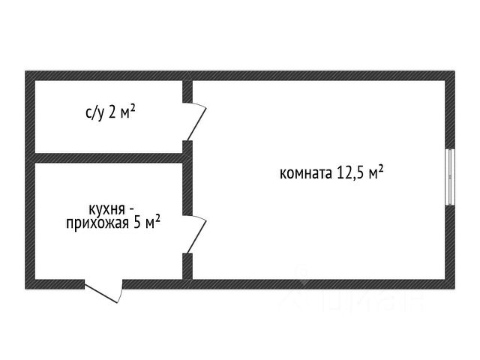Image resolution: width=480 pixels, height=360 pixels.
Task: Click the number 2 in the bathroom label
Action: (112, 114)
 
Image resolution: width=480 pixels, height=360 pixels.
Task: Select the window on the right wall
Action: (449, 175)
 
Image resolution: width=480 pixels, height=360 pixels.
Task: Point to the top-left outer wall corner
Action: (30, 75)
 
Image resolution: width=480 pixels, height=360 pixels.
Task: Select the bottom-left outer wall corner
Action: (30, 285)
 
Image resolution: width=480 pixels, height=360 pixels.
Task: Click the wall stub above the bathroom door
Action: (188, 89)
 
